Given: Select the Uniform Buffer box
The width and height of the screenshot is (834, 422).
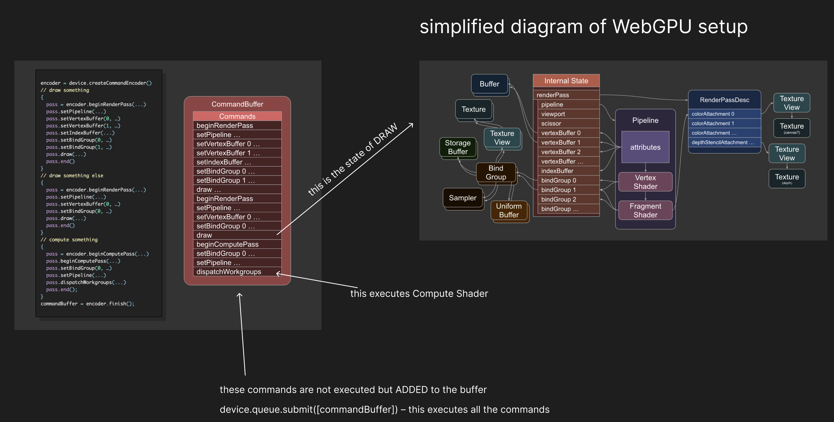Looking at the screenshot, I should pyautogui.click(x=509, y=210).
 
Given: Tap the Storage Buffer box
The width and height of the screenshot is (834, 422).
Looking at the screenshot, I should pyautogui.click(x=457, y=147).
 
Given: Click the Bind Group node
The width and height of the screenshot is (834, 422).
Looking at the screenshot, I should pyautogui.click(x=496, y=172).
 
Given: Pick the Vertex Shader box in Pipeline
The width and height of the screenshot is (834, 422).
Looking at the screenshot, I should pyautogui.click(x=645, y=182).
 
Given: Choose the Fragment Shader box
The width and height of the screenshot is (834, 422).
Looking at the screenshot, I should pyautogui.click(x=645, y=210).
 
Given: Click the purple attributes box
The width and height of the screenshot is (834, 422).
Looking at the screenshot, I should pyautogui.click(x=645, y=147).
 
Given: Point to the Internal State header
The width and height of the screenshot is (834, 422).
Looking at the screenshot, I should pyautogui.click(x=566, y=81).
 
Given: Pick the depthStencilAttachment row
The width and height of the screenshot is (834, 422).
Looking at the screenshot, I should pyautogui.click(x=724, y=142).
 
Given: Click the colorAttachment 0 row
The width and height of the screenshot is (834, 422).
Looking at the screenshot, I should pyautogui.click(x=724, y=114).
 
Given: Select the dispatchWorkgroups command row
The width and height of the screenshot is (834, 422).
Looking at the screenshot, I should pyautogui.click(x=237, y=272).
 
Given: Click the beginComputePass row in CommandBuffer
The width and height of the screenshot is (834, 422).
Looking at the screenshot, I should pyautogui.click(x=237, y=244).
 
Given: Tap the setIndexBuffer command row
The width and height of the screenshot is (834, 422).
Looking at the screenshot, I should pyautogui.click(x=237, y=162).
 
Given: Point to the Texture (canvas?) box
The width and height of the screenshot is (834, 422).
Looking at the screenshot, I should pyautogui.click(x=791, y=128).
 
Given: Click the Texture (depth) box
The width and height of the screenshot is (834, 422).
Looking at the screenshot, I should pyautogui.click(x=787, y=179).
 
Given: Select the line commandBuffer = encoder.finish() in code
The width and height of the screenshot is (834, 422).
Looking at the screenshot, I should pyautogui.click(x=87, y=304).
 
